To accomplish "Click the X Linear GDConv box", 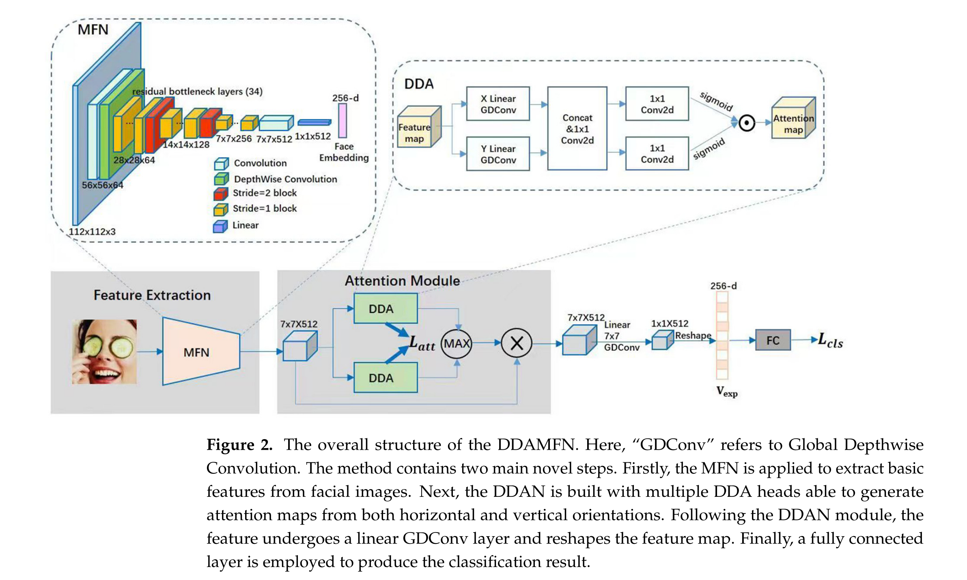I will click(x=497, y=104).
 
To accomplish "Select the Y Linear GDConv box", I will click(x=497, y=154).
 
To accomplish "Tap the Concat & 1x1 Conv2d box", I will click(x=577, y=129).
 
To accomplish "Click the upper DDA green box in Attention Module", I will click(x=385, y=308).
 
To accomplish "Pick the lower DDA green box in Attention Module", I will click(x=385, y=377).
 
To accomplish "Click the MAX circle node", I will click(x=457, y=343).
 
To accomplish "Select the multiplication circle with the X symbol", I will click(x=516, y=343).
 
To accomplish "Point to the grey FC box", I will click(x=772, y=340).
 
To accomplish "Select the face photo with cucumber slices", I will click(x=104, y=351).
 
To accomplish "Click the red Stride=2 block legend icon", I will click(x=220, y=194).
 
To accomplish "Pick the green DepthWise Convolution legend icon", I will click(x=221, y=179).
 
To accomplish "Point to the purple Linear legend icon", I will click(x=220, y=226).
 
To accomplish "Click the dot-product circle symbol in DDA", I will click(x=746, y=123).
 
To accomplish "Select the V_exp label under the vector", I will click(x=726, y=392).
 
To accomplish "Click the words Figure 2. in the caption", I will click(x=239, y=445).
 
